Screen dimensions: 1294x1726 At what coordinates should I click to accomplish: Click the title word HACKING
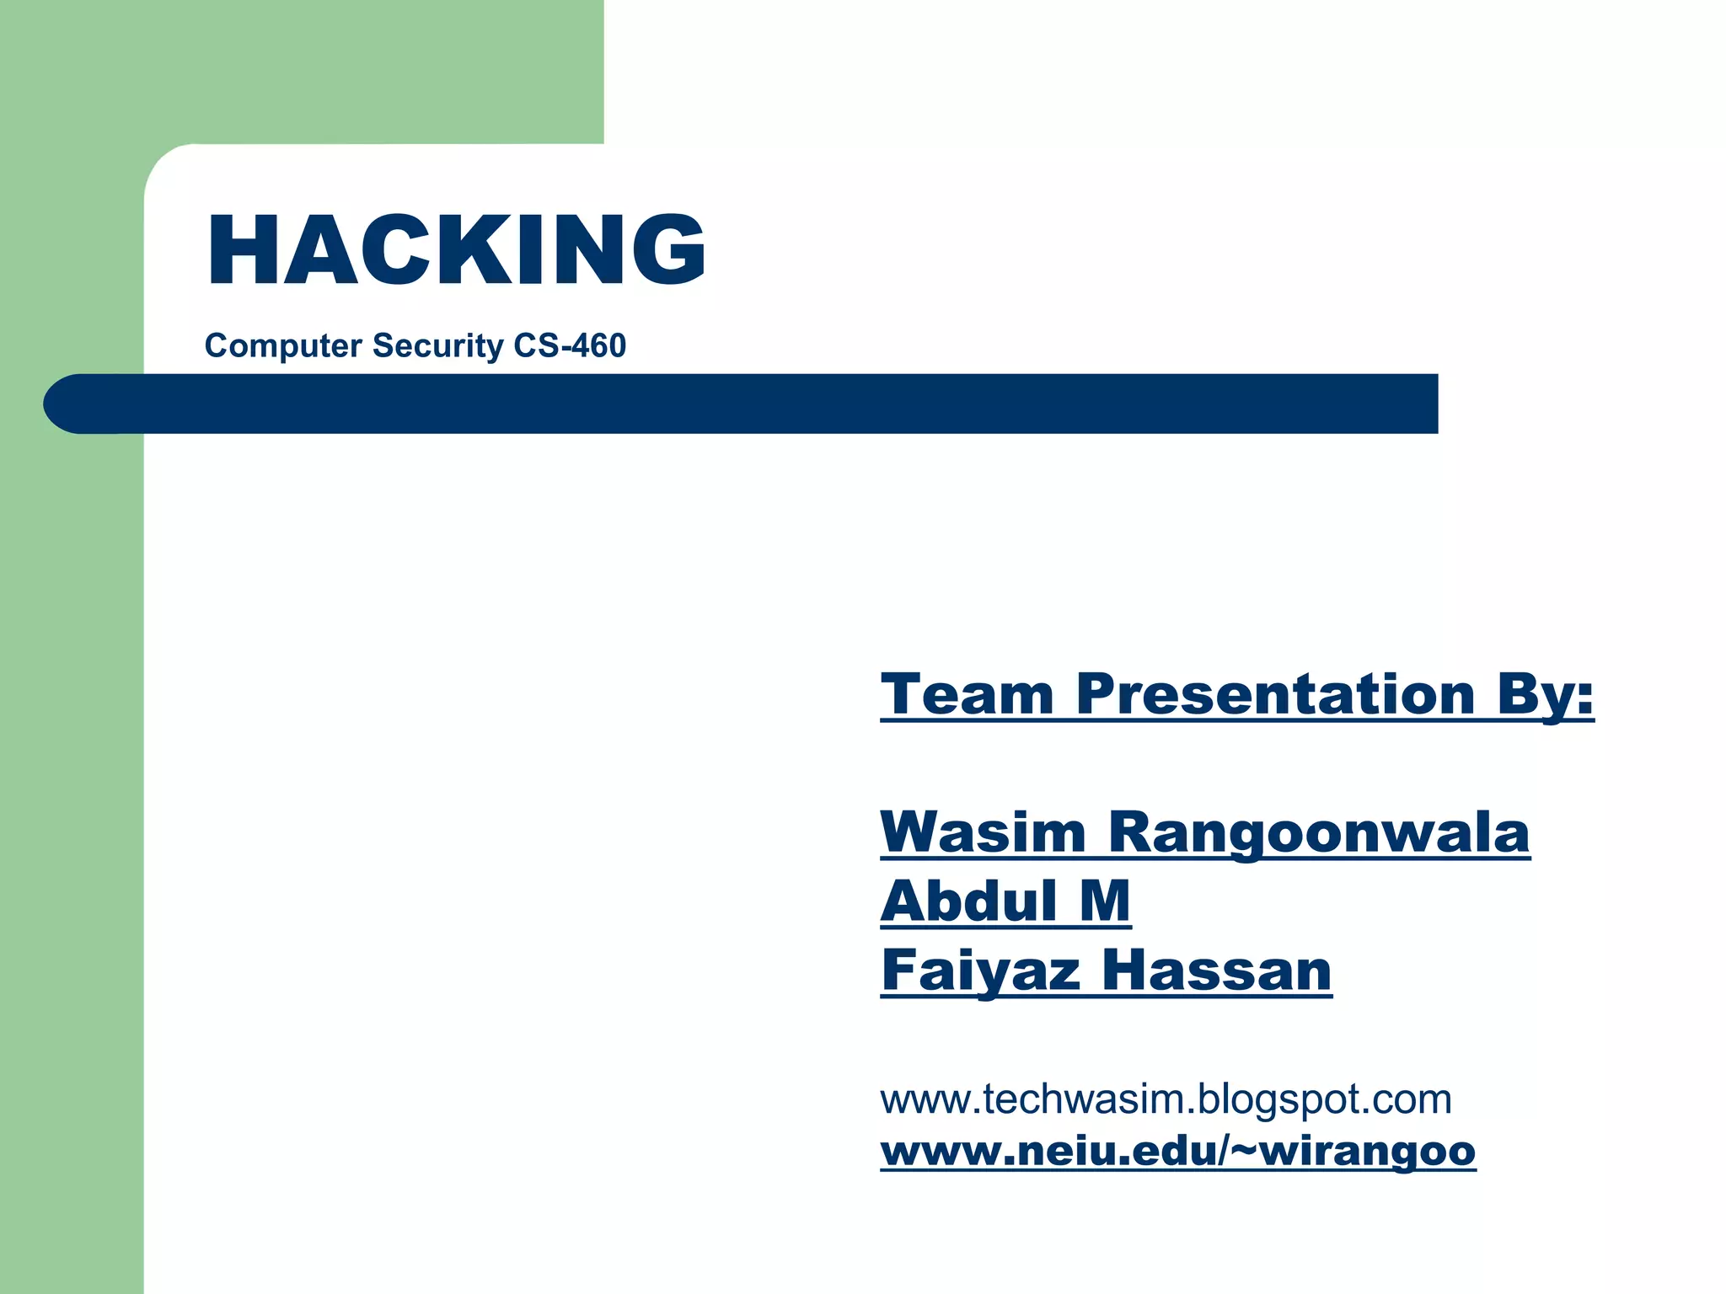point(456,250)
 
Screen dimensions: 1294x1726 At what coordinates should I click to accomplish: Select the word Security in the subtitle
point(437,346)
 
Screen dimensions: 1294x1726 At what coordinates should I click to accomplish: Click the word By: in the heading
point(1546,696)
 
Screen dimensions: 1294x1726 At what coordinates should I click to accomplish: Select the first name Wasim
point(983,832)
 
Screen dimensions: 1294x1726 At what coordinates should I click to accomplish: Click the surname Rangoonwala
point(1319,834)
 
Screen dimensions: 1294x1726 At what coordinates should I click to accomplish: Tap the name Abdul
point(968,901)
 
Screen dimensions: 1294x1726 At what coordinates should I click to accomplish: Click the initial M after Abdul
point(1105,901)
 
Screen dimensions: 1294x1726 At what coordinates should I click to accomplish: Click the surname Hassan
point(1217,970)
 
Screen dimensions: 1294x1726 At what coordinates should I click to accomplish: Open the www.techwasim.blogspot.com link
point(1166,1099)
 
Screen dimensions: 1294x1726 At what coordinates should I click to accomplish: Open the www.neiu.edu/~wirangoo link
point(1177,1152)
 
